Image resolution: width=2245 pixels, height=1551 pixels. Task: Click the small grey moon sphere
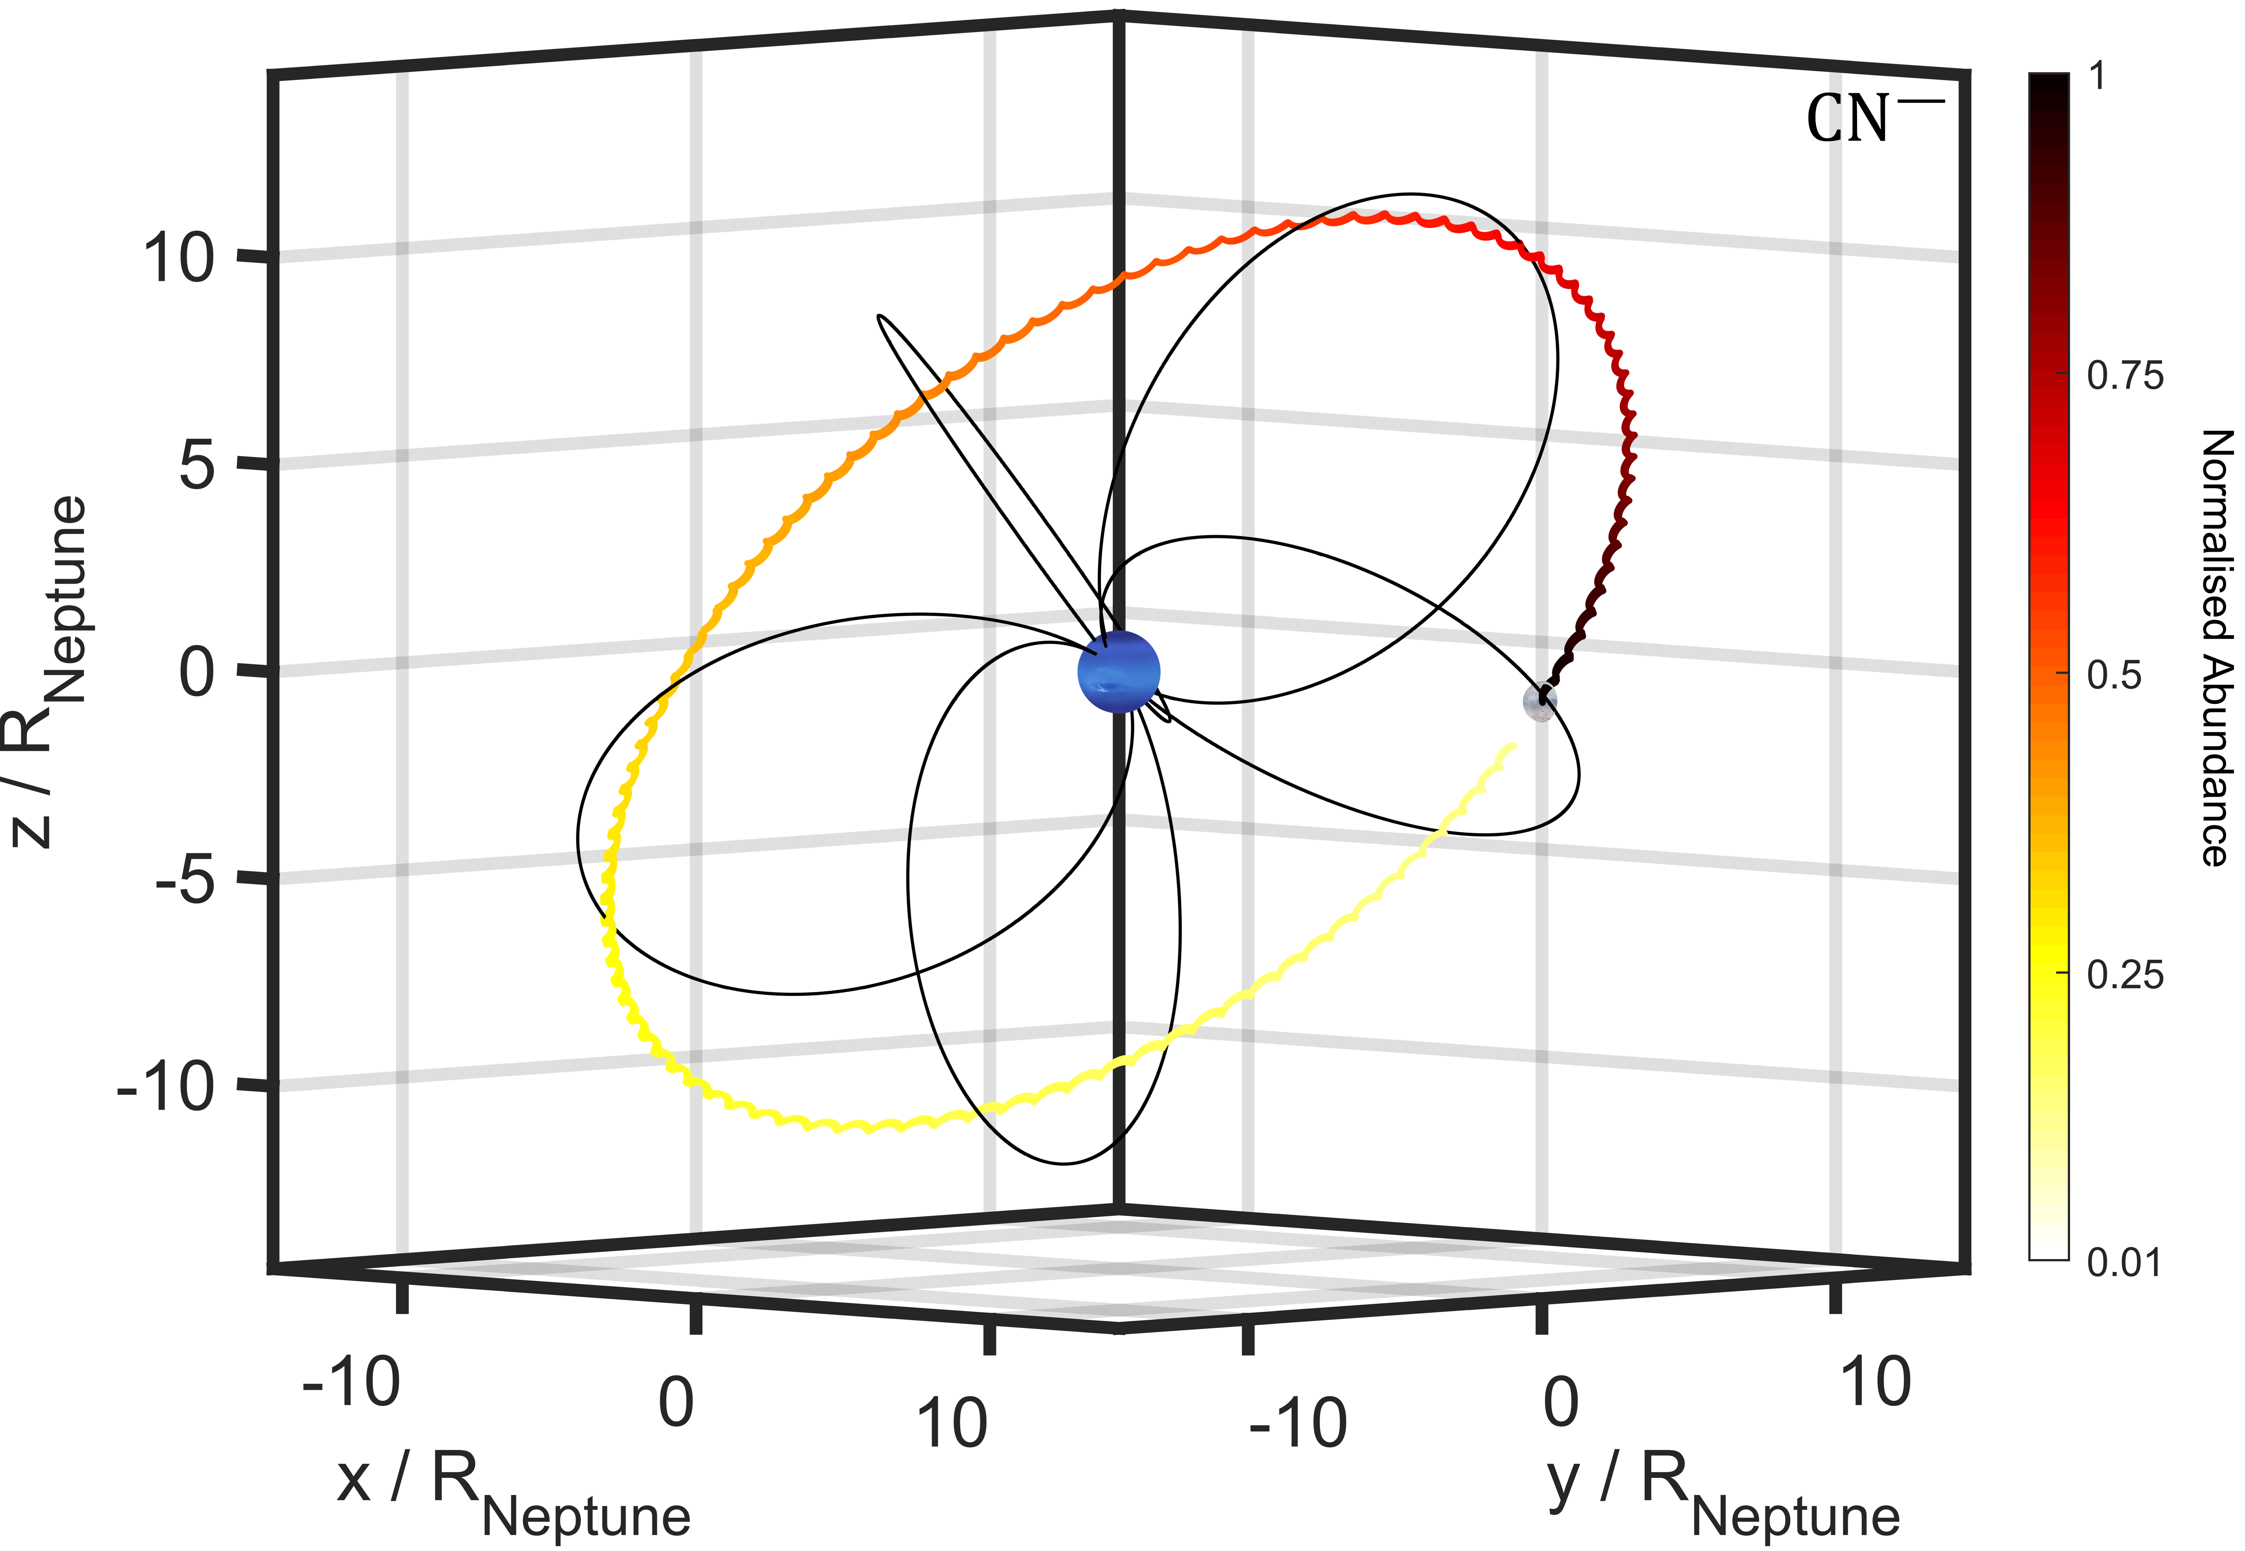coord(1540,702)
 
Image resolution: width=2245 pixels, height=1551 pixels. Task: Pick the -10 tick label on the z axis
coord(165,1087)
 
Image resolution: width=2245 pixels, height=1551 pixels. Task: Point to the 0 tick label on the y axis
coord(1560,1402)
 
